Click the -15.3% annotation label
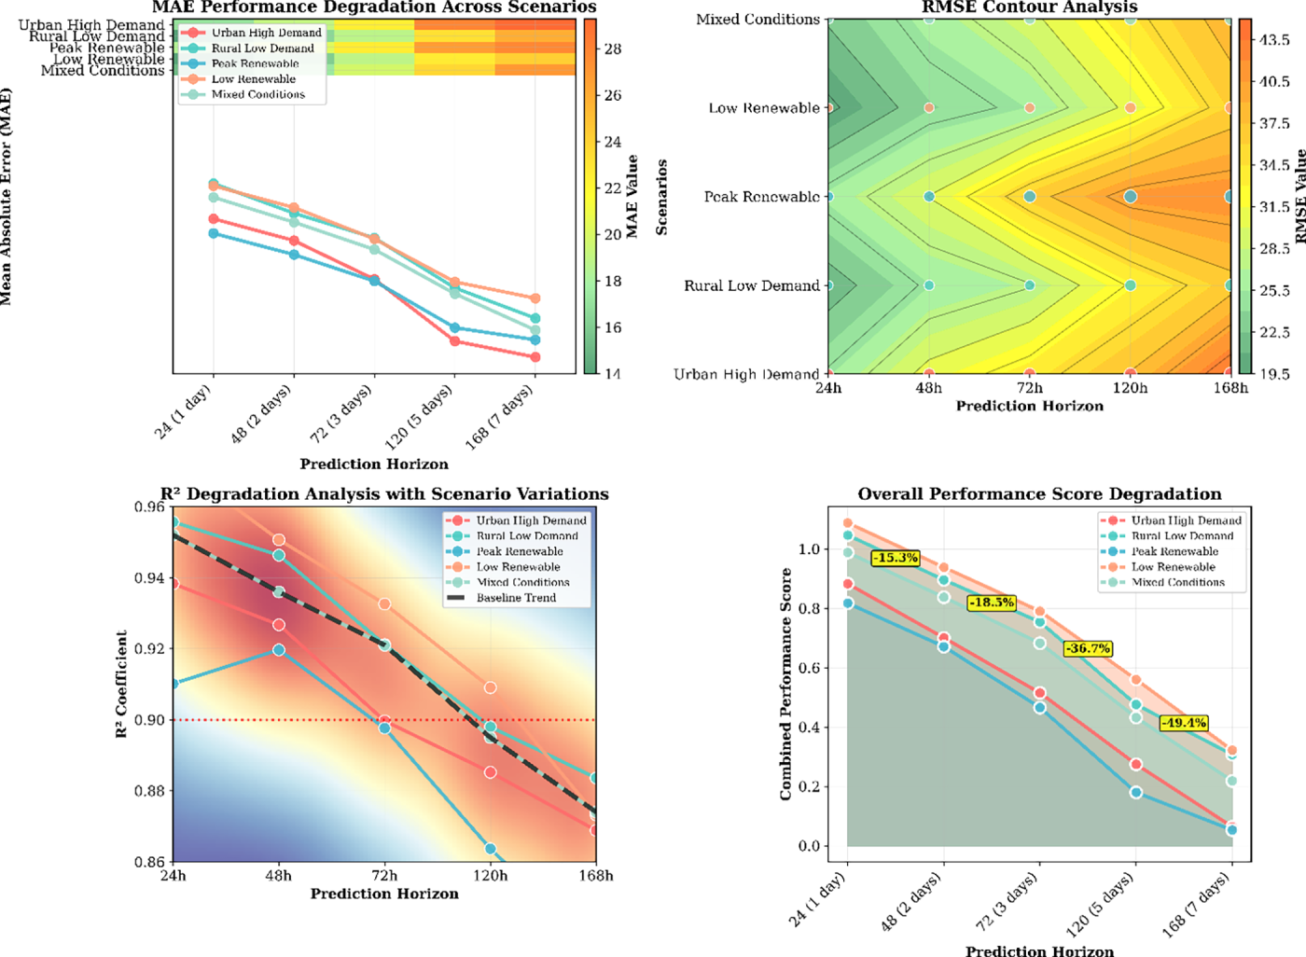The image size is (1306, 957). point(896,558)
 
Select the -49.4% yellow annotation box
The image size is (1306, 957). point(1184,723)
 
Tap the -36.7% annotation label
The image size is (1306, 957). point(1088,648)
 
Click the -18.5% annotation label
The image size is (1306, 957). point(991,603)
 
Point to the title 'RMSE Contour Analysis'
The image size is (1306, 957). point(1029,7)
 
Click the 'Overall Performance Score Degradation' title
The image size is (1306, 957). point(1039,494)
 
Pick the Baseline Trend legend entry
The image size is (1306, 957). point(516,598)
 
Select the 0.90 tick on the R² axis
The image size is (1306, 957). point(148,720)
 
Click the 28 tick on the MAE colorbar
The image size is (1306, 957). point(613,49)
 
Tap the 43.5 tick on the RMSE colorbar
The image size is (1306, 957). point(1275,40)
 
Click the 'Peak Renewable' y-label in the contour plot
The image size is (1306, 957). point(761,197)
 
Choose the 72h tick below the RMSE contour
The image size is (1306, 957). point(1029,388)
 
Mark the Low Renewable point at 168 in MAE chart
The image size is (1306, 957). point(535,298)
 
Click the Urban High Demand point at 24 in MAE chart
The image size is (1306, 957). point(214,219)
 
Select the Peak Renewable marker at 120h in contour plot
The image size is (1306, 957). point(1131,197)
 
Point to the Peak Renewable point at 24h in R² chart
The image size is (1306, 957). point(173,684)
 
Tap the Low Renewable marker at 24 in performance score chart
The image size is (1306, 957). point(848,524)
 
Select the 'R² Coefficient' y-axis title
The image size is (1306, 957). point(121,684)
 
